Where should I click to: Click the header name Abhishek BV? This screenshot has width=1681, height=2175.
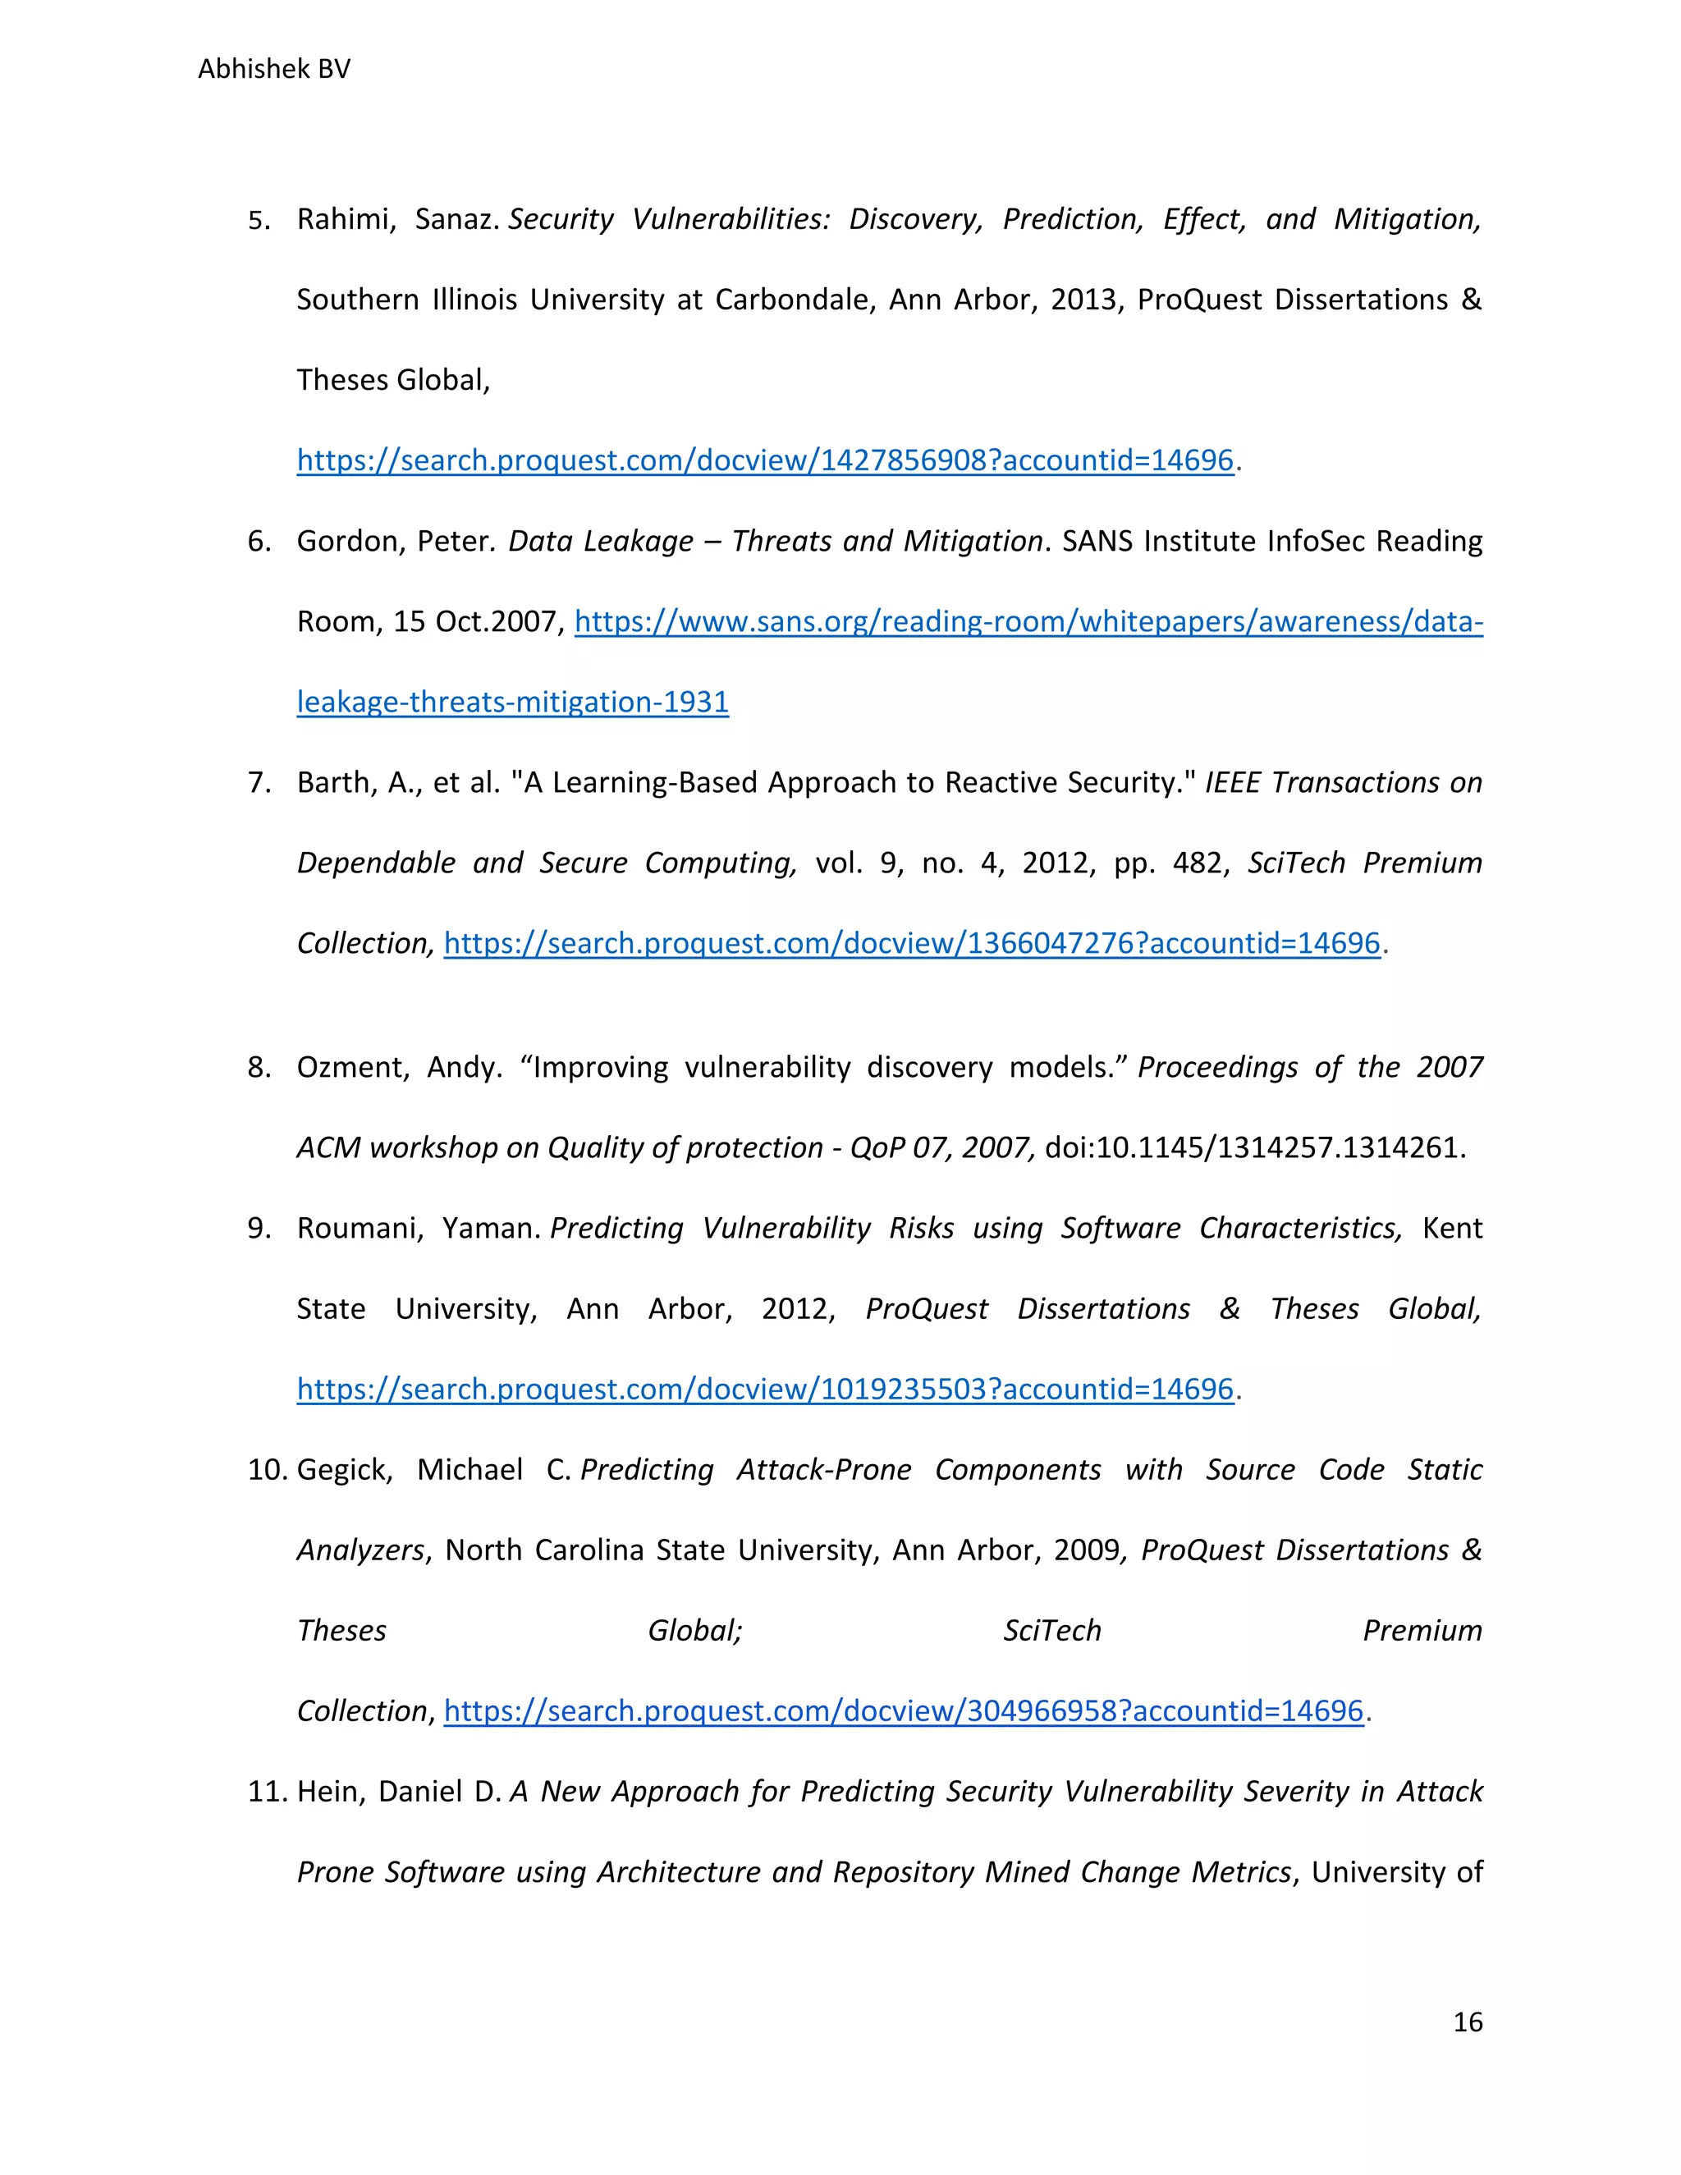274,69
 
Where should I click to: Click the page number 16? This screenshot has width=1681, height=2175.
1467,2022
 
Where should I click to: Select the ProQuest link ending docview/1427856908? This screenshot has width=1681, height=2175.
765,460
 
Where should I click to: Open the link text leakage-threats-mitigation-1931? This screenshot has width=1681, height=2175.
512,702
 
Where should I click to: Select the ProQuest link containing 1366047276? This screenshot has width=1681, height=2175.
911,943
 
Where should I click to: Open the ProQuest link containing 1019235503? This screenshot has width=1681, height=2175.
765,1390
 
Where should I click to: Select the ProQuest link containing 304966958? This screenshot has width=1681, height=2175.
902,1711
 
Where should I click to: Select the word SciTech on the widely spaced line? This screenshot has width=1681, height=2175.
1051,1630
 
